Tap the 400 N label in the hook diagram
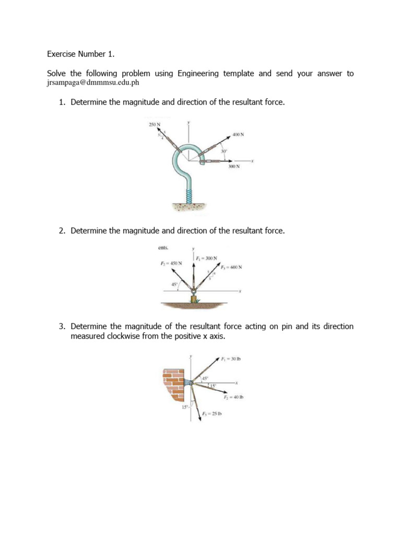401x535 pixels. pos(238,134)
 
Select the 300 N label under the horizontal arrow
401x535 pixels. pos(234,167)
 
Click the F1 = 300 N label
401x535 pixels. pos(206,258)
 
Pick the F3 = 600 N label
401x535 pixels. pos(231,267)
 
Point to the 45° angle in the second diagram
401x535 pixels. pos(174,284)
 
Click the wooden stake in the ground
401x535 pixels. pos(194,299)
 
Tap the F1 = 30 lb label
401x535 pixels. pos(230,359)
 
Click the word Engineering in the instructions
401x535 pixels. pos(198,74)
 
